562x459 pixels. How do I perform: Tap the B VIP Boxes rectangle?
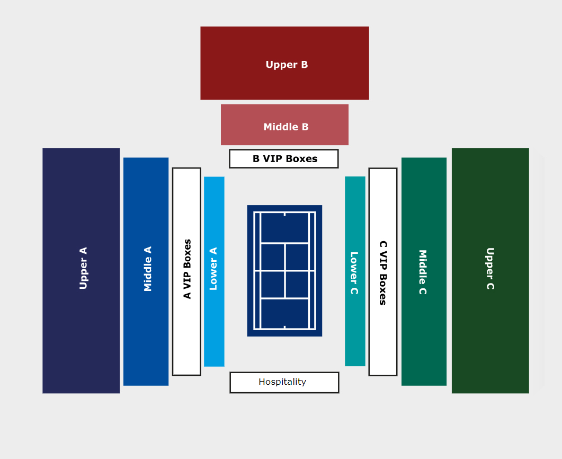[284, 158]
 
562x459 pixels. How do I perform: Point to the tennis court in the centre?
[284, 270]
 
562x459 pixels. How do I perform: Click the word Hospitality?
[282, 382]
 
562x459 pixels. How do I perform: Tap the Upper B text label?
[287, 65]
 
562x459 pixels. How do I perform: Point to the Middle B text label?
[286, 127]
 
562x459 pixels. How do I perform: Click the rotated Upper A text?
[83, 268]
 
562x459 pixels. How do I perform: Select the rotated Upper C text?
[490, 268]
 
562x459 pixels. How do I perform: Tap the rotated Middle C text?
[423, 272]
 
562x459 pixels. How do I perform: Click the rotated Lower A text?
[213, 268]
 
